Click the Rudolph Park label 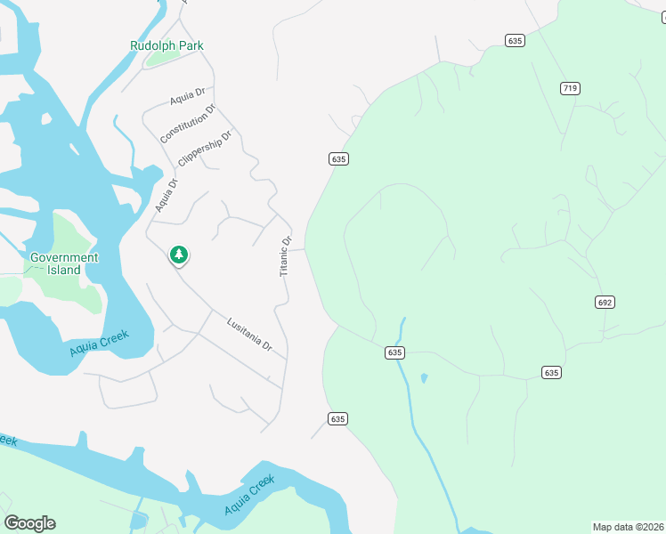[x=166, y=45]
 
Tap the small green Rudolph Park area [x=162, y=59]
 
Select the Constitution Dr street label [x=188, y=125]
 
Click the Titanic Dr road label [x=286, y=255]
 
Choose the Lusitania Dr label [x=249, y=334]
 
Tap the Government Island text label [x=65, y=263]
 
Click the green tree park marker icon [x=179, y=255]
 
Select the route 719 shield [x=571, y=87]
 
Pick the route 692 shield [x=605, y=303]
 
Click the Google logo [x=29, y=523]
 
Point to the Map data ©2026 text [x=628, y=526]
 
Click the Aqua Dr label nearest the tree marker [x=166, y=195]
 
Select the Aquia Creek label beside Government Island [x=99, y=344]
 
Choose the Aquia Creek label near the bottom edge [x=248, y=496]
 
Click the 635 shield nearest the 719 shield [x=515, y=40]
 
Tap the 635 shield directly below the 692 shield [x=552, y=372]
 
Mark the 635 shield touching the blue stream [x=396, y=352]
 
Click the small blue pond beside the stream [x=423, y=378]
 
